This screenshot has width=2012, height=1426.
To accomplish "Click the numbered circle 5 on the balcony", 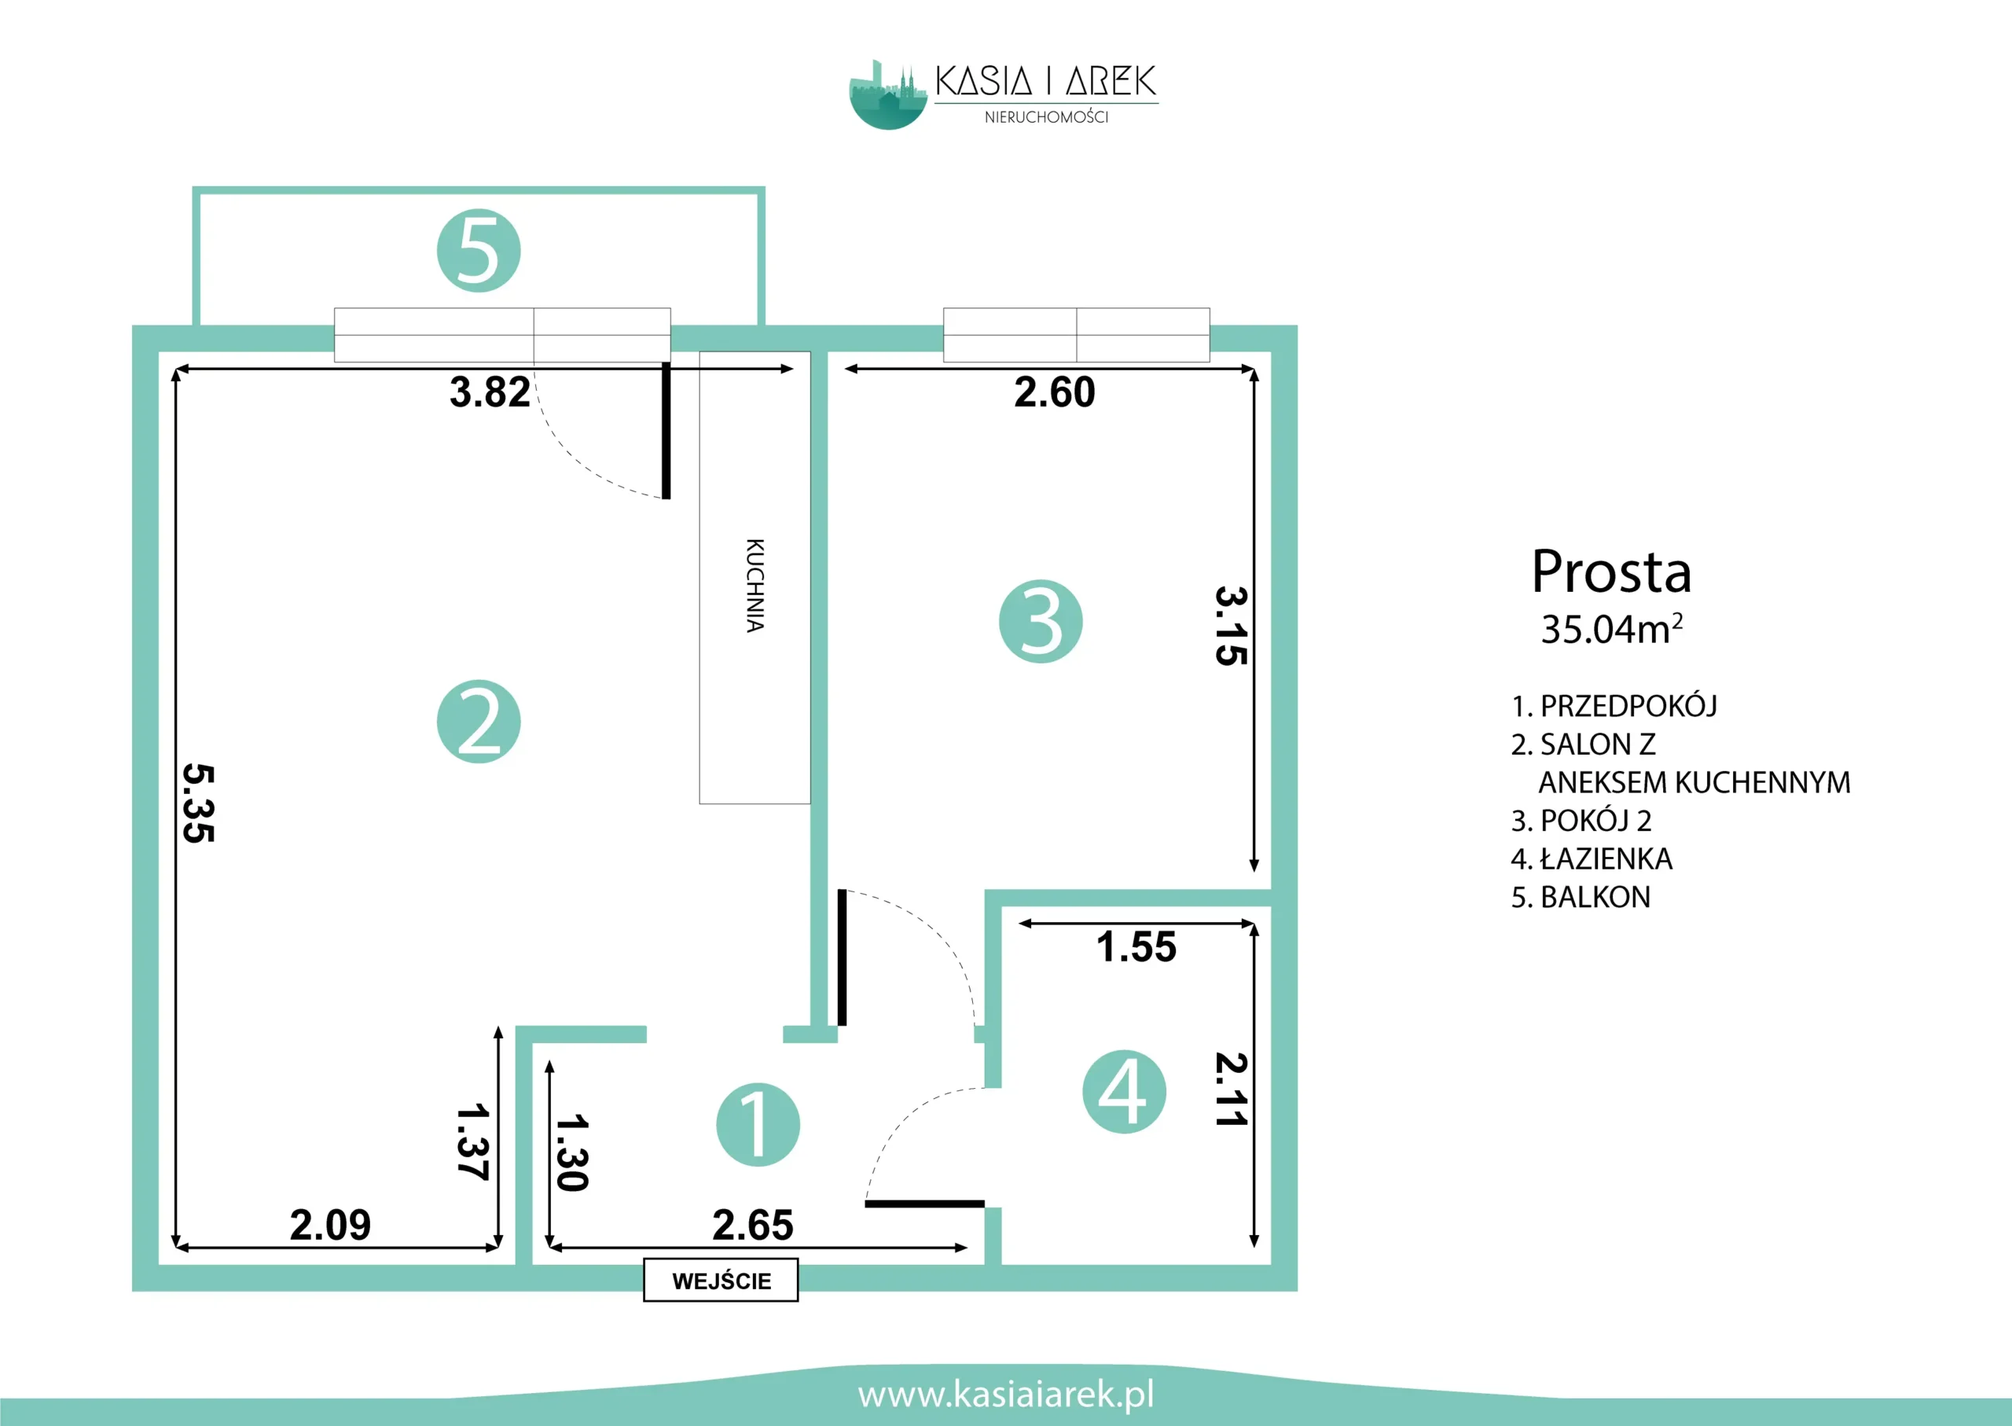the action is pyautogui.click(x=479, y=250).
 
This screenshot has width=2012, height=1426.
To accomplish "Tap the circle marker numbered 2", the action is pyautogui.click(x=479, y=721).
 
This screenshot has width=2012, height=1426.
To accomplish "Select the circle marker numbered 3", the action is pyautogui.click(x=1041, y=621).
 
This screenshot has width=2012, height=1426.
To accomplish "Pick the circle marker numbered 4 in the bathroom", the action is pyautogui.click(x=1124, y=1091).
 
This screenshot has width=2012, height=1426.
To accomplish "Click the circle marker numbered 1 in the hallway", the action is pyautogui.click(x=758, y=1125).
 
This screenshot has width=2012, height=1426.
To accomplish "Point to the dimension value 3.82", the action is pyautogui.click(x=490, y=391).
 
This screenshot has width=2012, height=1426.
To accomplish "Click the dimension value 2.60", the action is pyautogui.click(x=1054, y=391).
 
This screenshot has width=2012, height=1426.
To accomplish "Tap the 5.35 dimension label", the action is pyautogui.click(x=198, y=803).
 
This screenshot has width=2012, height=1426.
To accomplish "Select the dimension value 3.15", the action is pyautogui.click(x=1231, y=626).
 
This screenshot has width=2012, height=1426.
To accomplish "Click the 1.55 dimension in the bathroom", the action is pyautogui.click(x=1136, y=946).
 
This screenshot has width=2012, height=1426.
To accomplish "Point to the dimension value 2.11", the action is pyautogui.click(x=1231, y=1089).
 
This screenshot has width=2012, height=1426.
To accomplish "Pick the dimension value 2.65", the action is pyautogui.click(x=752, y=1225).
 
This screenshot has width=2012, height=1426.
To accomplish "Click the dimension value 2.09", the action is pyautogui.click(x=330, y=1225).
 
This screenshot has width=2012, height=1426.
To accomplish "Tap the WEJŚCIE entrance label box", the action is pyautogui.click(x=721, y=1281).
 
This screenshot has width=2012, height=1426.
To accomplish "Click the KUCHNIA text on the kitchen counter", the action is pyautogui.click(x=754, y=585).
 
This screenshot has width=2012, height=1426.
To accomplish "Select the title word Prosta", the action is pyautogui.click(x=1611, y=572).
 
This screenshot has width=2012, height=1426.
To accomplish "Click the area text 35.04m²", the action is pyautogui.click(x=1612, y=629).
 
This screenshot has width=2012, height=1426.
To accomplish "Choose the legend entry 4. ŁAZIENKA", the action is pyautogui.click(x=1592, y=858).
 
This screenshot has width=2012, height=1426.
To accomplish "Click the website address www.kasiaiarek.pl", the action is pyautogui.click(x=1006, y=1395).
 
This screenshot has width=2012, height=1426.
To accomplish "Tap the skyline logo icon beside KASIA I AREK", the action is pyautogui.click(x=887, y=95).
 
